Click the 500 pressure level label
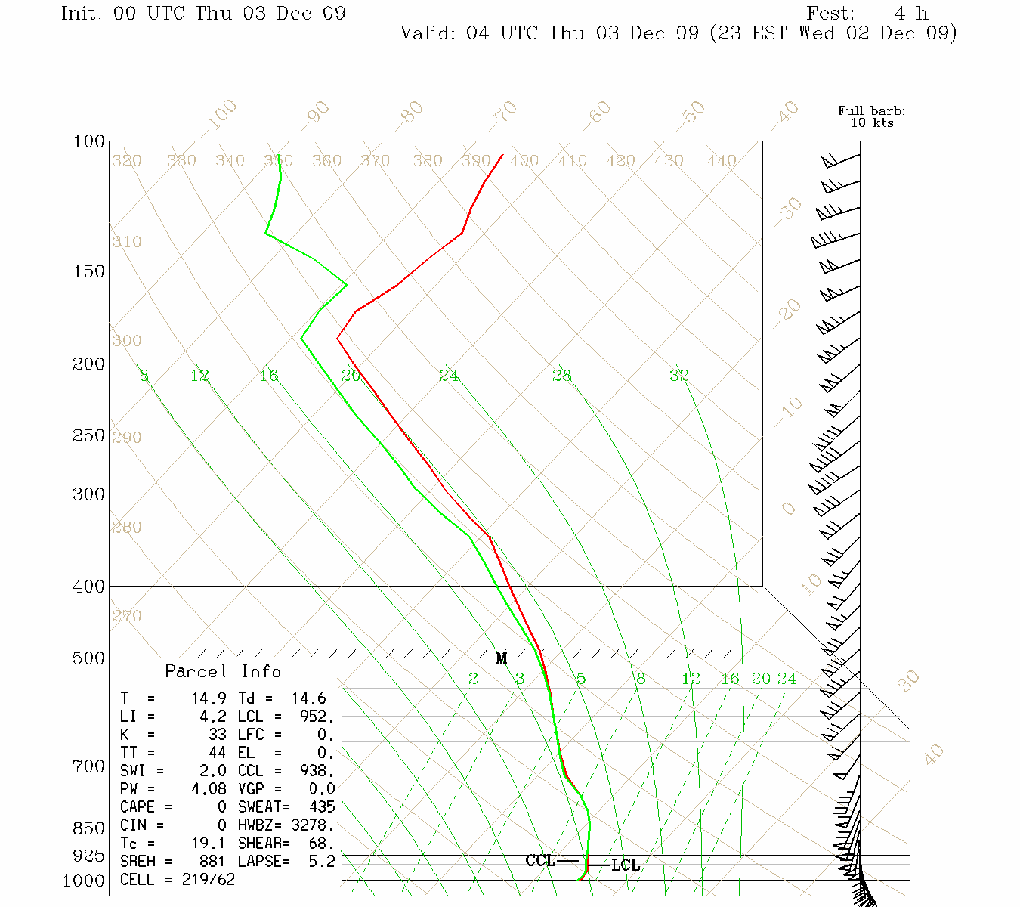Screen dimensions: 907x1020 pyautogui.click(x=89, y=658)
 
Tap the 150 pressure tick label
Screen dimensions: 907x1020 pyautogui.click(x=89, y=271)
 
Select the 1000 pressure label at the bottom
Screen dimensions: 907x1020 pyautogui.click(x=84, y=881)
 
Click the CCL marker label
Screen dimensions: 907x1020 pyautogui.click(x=540, y=861)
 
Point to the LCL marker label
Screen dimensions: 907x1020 pyautogui.click(x=626, y=865)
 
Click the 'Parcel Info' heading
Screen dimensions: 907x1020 pyautogui.click(x=223, y=671)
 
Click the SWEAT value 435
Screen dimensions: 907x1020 pyautogui.click(x=321, y=807)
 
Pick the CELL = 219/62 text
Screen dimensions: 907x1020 pyautogui.click(x=178, y=880)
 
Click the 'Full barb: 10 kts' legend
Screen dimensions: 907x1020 pyautogui.click(x=871, y=116)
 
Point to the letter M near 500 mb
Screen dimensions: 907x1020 pyautogui.click(x=501, y=658)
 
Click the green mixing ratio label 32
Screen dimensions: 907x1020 pyautogui.click(x=679, y=376)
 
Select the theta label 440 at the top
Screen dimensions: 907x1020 pyautogui.click(x=722, y=161)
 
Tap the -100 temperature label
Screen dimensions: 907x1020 pyautogui.click(x=221, y=115)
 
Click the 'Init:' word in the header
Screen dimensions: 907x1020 pyautogui.click(x=82, y=14)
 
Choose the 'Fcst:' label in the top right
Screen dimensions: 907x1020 pyautogui.click(x=830, y=14)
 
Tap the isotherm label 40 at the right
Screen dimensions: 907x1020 pyautogui.click(x=935, y=754)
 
